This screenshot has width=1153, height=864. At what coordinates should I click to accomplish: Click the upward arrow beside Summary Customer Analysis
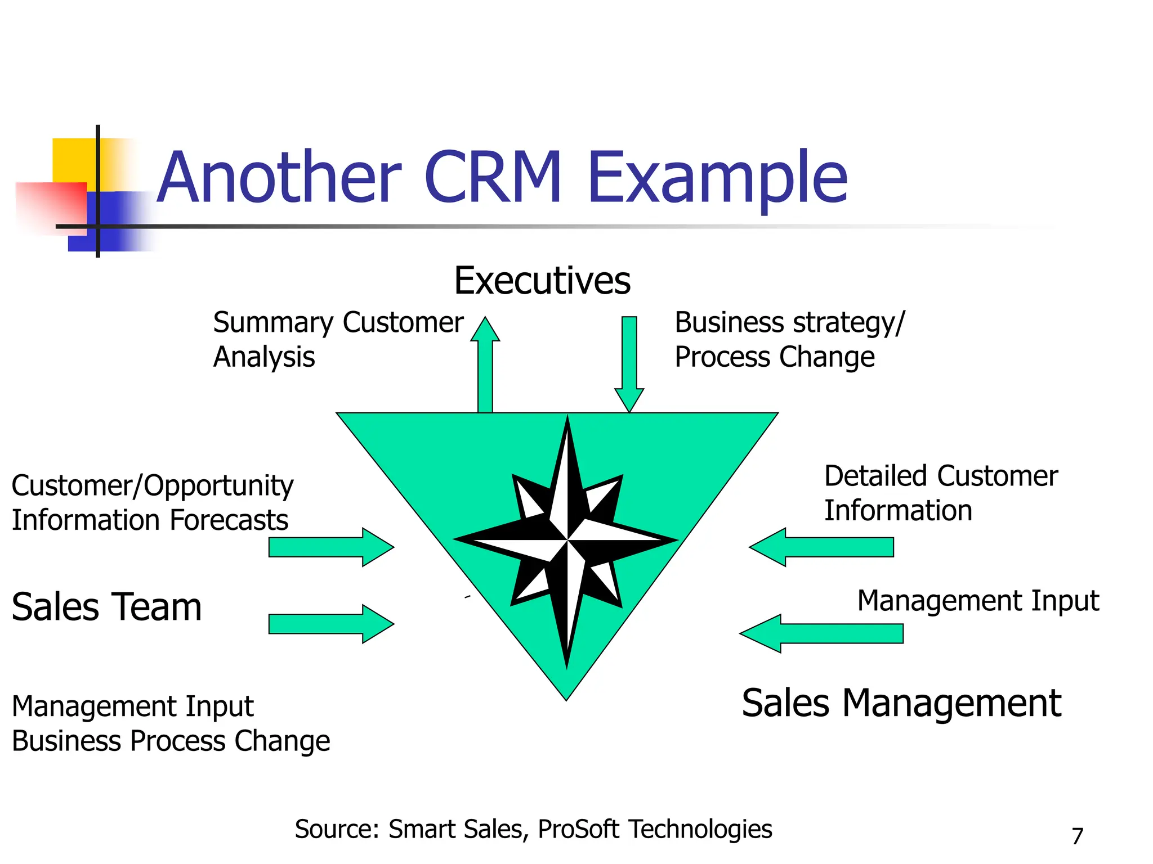(485, 366)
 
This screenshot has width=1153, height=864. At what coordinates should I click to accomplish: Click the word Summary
(273, 323)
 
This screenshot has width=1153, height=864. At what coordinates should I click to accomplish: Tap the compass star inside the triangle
(567, 540)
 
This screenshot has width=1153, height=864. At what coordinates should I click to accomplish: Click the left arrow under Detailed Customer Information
(822, 547)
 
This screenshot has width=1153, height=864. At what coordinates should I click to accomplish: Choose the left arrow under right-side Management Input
(822, 633)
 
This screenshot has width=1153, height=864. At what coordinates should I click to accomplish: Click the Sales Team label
(106, 607)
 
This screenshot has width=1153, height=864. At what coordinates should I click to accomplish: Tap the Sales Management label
(901, 703)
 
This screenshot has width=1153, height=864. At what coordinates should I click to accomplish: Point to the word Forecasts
(230, 520)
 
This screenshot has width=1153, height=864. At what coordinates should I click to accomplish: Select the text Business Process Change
(171, 741)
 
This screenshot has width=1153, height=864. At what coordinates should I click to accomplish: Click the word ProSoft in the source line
(578, 829)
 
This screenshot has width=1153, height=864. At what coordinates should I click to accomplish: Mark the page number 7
(1077, 836)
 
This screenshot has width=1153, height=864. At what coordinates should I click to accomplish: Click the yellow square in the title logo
(73, 160)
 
